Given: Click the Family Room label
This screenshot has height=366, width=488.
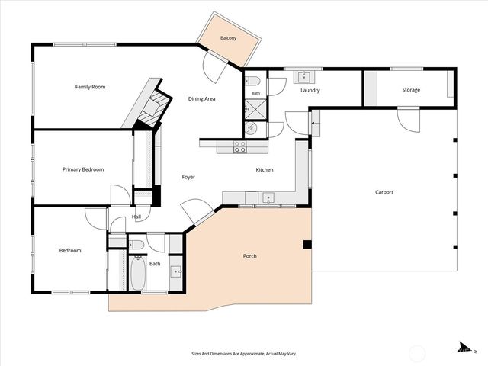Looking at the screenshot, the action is point(90,87).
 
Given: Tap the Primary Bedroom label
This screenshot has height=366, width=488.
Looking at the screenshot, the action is point(83,169).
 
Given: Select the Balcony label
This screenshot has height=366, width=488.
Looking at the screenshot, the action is point(229,38).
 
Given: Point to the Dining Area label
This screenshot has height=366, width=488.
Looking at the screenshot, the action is point(201,99).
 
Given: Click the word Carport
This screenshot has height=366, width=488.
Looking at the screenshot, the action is point(384,192).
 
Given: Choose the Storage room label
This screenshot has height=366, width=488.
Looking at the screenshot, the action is point(411,90).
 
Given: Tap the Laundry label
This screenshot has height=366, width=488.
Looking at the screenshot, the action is point(310,90).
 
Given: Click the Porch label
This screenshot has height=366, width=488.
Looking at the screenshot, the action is point(250,256).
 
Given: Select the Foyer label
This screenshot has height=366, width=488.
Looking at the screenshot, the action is point(188,177).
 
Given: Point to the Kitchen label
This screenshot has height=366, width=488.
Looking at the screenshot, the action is point(265,169).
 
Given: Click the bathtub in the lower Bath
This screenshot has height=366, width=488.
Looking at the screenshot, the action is point(137,273).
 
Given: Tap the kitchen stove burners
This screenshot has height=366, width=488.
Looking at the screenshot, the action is point(240,147).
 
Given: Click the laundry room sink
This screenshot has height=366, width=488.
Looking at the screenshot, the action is point(304,77).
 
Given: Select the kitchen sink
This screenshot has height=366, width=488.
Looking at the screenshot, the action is point(268,198).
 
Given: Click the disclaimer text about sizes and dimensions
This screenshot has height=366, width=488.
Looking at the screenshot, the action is point(244,354).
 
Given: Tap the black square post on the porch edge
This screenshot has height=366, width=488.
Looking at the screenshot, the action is point(307,245).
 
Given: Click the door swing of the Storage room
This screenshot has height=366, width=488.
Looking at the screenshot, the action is point(409,120).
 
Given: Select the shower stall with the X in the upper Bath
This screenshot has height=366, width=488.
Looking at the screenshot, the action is point(255,110).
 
